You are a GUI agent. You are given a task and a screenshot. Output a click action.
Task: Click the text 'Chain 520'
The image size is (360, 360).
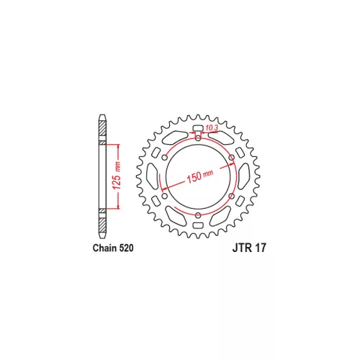tap(113, 248)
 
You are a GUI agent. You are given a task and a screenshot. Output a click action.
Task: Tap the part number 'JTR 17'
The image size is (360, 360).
tap(249, 248)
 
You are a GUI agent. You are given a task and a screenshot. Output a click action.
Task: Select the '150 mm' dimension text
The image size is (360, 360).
tap(199, 176)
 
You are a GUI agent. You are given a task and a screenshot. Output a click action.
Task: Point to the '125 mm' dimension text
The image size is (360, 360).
tap(117, 176)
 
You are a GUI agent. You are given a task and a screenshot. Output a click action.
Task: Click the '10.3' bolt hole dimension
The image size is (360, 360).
tap(212, 128)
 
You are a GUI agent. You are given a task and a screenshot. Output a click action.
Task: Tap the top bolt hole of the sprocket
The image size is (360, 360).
tap(198, 138)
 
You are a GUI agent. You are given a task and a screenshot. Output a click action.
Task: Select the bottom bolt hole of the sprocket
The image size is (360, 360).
tap(198, 215)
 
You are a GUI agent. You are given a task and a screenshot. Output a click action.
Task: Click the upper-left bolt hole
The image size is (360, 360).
tap(165, 158)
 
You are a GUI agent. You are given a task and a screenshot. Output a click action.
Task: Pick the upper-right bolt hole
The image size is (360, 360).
tap(232, 158)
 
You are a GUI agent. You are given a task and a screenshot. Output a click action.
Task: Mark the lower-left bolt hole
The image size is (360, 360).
tap(165, 196)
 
